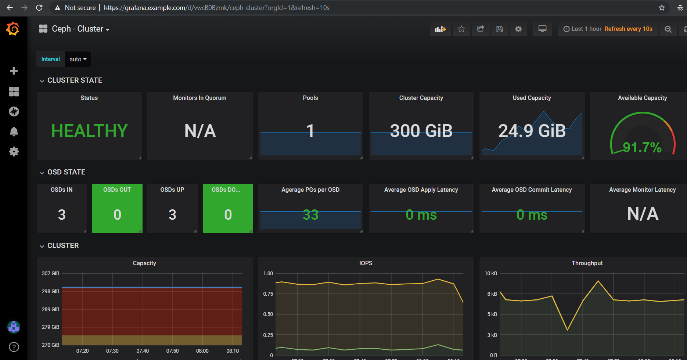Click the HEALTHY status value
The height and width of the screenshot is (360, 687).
tap(89, 131)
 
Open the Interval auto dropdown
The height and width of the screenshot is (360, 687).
tap(78, 59)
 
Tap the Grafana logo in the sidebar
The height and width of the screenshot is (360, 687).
tap(13, 29)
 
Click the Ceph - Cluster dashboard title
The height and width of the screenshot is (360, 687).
tap(78, 29)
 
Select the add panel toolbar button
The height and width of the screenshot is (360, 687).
tap(440, 29)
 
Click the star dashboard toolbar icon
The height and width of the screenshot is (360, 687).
tap(461, 29)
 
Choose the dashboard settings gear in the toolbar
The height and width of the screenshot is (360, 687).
tap(518, 29)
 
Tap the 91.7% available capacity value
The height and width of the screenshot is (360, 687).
tap(642, 148)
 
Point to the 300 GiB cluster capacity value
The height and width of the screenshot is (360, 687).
tap(421, 131)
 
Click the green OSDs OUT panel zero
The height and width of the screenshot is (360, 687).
tap(117, 215)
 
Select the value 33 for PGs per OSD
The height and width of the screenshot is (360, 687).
tap(310, 215)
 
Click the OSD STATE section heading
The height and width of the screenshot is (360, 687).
tap(66, 172)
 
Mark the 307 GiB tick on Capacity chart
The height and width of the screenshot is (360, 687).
tap(50, 273)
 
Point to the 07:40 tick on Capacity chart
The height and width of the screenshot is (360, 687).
tap(143, 351)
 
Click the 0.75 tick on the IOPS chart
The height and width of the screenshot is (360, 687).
tap(268, 294)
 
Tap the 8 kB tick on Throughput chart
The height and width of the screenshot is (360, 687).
tap(492, 294)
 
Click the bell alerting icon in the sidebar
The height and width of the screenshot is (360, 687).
tap(14, 131)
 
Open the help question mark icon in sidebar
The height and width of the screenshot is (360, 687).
tap(14, 347)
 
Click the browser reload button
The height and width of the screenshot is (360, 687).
tap(39, 8)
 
